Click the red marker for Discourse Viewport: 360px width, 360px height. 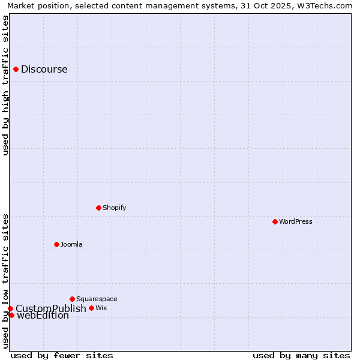(x=16, y=69)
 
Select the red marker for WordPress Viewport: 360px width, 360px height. (x=275, y=221)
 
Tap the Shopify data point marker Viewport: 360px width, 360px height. (x=98, y=208)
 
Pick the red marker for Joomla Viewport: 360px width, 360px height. (x=56, y=244)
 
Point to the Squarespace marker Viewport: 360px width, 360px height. (x=72, y=299)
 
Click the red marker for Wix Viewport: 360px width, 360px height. (x=91, y=308)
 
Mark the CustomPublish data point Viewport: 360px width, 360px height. (x=10, y=308)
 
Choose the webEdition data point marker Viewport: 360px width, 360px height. (x=11, y=315)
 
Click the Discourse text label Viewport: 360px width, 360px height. (x=44, y=69)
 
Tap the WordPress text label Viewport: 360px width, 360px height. (x=296, y=221)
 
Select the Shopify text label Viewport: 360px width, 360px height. (x=115, y=208)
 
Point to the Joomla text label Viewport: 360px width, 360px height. (x=71, y=244)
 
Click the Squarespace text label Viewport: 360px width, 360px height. (x=97, y=299)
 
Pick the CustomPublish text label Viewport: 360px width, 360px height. (x=51, y=308)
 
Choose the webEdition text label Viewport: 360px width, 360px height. (x=43, y=316)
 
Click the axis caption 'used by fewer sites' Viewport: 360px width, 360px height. (x=62, y=355)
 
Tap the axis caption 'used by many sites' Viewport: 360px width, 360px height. (x=301, y=355)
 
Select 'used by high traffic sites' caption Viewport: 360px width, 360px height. (x=6, y=85)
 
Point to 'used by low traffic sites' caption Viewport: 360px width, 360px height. (x=6, y=281)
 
